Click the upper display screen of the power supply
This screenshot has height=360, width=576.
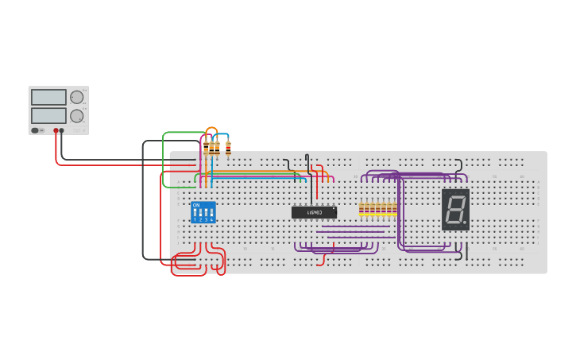(x=48, y=97)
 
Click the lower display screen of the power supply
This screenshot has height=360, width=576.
(x=48, y=115)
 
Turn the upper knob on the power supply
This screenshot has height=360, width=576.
(x=77, y=97)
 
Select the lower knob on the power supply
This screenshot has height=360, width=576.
(x=77, y=116)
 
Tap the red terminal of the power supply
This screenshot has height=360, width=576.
(x=56, y=130)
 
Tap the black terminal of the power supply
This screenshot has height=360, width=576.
(x=62, y=130)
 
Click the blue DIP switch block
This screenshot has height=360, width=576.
(x=203, y=212)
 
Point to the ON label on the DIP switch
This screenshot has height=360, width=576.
(x=196, y=205)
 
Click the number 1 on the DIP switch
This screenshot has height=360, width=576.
(x=195, y=219)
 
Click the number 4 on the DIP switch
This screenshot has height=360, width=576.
(x=211, y=219)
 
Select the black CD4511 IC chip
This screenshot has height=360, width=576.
(x=314, y=212)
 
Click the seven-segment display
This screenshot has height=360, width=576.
(x=455, y=210)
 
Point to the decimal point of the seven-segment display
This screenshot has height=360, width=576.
(x=465, y=223)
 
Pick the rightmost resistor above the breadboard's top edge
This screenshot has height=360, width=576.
(x=228, y=146)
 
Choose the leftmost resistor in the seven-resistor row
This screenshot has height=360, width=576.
(x=361, y=209)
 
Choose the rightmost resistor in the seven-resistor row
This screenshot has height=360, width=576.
(x=394, y=209)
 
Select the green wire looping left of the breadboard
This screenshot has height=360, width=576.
(x=164, y=159)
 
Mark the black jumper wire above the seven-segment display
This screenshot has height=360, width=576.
(x=459, y=165)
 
